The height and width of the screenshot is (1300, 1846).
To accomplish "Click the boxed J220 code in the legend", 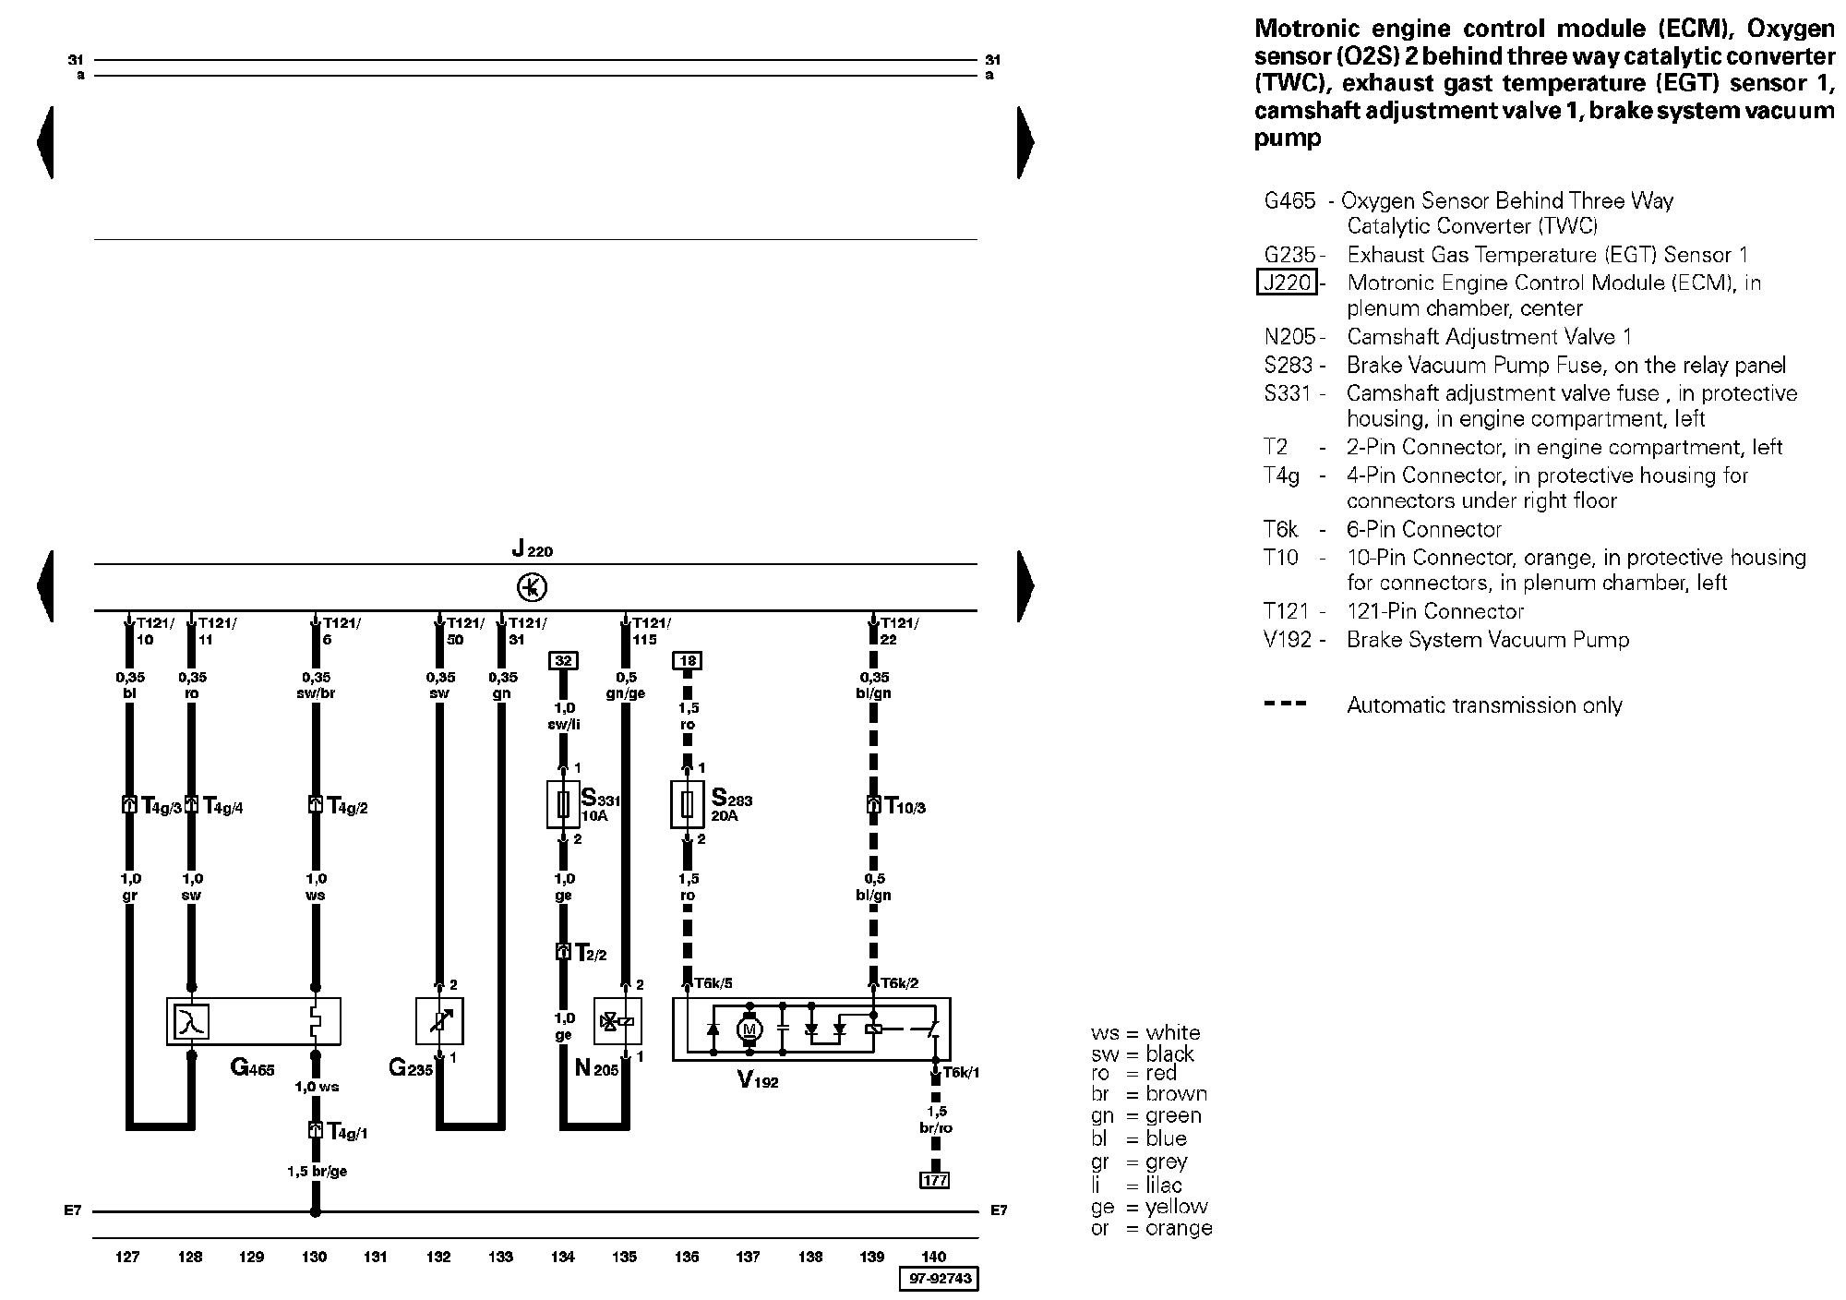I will click(x=1287, y=283).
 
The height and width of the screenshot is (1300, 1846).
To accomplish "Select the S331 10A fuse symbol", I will click(x=563, y=805).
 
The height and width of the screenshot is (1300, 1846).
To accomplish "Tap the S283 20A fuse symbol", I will click(x=687, y=805).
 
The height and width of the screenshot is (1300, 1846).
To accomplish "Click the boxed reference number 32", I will click(x=563, y=660).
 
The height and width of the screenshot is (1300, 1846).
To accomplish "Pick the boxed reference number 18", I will click(x=688, y=660).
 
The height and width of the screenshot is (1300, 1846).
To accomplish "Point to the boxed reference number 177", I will click(x=935, y=1180).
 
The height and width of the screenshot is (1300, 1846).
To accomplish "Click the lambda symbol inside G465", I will click(x=192, y=1022).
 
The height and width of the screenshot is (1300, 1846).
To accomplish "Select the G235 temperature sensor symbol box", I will click(x=439, y=1022).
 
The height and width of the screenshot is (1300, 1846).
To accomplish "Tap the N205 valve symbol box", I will click(x=617, y=1022).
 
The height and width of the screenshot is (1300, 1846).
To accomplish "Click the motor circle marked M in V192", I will click(x=749, y=1029).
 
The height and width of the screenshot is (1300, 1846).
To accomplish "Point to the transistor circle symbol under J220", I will click(x=533, y=587).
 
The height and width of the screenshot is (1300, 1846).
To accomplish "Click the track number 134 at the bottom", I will click(x=563, y=1257).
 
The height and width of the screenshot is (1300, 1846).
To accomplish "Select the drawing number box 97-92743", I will click(x=938, y=1279).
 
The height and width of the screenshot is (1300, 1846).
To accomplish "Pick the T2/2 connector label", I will click(x=591, y=954).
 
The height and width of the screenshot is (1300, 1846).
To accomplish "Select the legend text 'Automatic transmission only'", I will click(x=1483, y=705).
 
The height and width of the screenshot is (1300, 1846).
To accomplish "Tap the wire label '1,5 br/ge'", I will click(x=317, y=1172).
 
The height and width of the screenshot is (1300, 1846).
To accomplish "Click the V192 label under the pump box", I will click(x=758, y=1079).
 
